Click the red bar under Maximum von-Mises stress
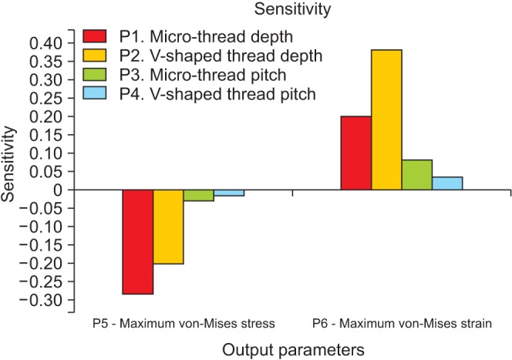137,241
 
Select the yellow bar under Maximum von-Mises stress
168,227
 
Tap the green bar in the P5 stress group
198,195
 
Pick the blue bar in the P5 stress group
229,193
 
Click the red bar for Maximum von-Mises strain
356,153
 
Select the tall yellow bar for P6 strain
387,119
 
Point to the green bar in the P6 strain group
417,174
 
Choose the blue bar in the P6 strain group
447,183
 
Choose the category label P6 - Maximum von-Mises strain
402,320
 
